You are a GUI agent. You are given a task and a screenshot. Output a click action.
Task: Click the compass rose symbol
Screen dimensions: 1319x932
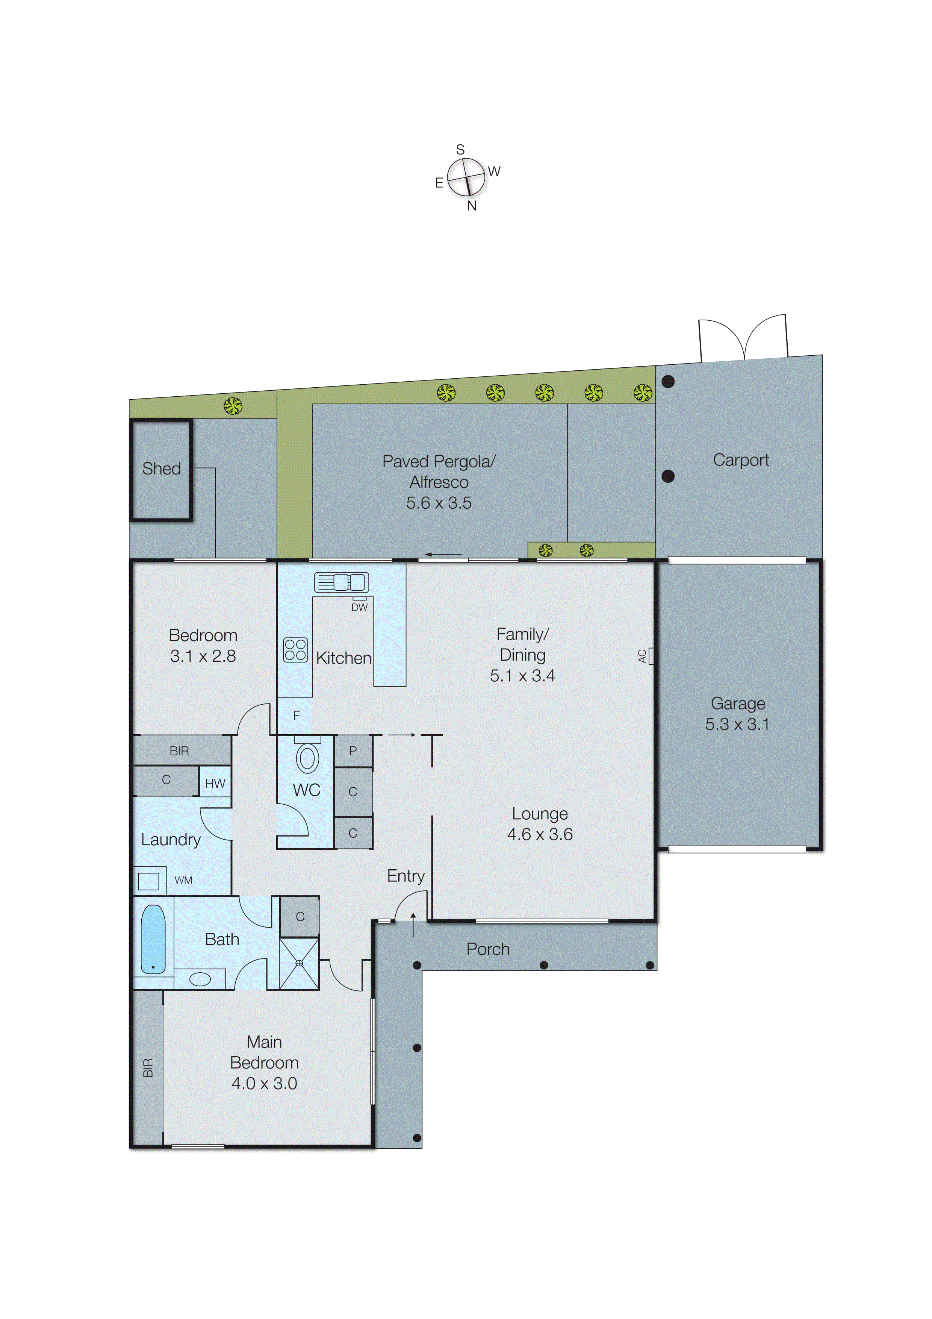point(466,177)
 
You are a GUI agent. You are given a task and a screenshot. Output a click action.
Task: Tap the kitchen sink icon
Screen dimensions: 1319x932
point(341,582)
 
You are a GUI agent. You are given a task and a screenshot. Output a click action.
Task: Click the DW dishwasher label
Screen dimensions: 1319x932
point(360,607)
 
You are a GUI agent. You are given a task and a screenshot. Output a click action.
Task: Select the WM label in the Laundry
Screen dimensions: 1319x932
point(183,880)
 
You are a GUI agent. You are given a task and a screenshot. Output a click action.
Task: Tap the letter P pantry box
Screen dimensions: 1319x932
point(353,751)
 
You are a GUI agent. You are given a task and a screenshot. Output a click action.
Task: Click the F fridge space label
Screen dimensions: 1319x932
point(296,715)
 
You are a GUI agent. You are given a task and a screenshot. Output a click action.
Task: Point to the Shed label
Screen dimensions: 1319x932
point(161,469)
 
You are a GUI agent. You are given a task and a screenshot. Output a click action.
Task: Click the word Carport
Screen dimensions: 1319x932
point(741,460)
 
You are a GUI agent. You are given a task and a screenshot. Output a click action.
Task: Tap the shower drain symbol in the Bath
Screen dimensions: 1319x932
point(299,963)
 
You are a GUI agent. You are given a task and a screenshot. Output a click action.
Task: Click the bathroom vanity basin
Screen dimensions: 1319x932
point(200,979)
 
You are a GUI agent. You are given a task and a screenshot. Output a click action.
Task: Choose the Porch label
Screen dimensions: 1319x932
point(487,949)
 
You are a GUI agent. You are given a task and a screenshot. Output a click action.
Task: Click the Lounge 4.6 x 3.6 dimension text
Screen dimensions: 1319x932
point(540,834)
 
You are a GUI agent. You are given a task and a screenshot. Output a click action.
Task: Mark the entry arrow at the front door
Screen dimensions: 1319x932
point(413,924)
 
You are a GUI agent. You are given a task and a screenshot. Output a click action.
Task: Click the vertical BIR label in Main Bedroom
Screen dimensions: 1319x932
point(148,1067)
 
